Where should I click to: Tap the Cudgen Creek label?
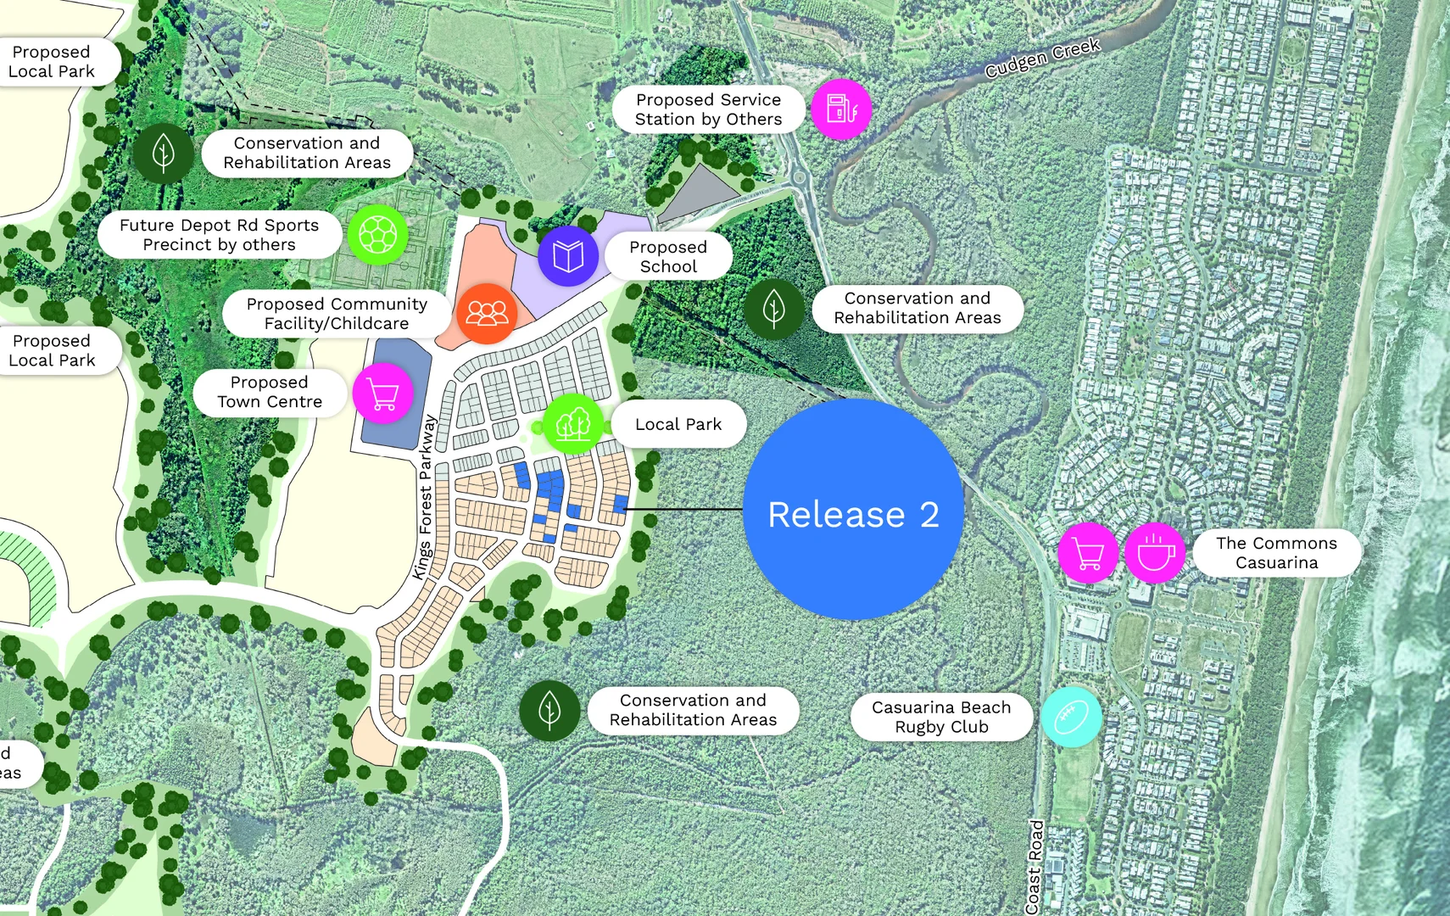pos(1042,58)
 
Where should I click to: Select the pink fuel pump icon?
pos(841,109)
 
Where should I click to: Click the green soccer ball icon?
pos(377,234)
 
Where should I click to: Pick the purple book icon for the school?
pos(567,255)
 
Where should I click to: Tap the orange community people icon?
pos(487,313)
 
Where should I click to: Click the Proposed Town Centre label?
pos(270,392)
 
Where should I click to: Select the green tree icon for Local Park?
pos(572,423)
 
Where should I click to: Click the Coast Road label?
pos(1035,866)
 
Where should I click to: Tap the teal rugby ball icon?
pos(1071,717)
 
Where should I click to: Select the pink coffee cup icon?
pos(1155,553)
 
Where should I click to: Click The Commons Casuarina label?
pos(1276,553)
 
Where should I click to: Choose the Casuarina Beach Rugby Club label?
pos(941,717)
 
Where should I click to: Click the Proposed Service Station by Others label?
pos(708,109)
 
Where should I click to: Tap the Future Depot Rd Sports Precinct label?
pos(220,235)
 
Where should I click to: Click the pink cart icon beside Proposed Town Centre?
pos(383,393)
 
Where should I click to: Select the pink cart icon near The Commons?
pos(1088,553)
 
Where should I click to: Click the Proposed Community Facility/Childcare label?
pos(337,314)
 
